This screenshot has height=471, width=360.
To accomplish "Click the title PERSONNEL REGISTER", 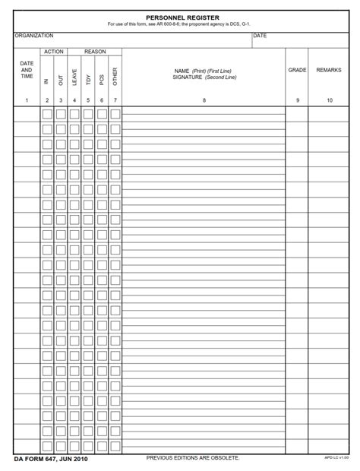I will click(179, 17).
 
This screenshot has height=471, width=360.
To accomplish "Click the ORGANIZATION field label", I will click(34, 36).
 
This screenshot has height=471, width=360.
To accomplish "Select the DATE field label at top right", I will click(260, 36).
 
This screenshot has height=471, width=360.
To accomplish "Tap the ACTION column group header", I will click(54, 52).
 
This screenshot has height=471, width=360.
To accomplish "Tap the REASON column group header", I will click(95, 52).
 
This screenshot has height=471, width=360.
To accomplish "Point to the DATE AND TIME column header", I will click(27, 70).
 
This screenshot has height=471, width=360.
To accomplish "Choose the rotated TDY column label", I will click(88, 78).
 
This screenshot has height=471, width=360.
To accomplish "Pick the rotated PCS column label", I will click(102, 78).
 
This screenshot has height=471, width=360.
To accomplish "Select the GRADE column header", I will click(298, 70).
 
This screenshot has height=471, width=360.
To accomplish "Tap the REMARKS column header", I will click(329, 70).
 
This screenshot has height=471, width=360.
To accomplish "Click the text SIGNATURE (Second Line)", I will click(204, 76).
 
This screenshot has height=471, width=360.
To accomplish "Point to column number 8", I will click(204, 100).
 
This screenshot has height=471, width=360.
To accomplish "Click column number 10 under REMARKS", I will click(329, 100).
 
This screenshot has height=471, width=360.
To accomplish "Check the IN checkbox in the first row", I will click(47, 115).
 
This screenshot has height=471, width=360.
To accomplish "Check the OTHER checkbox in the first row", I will click(115, 115).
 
